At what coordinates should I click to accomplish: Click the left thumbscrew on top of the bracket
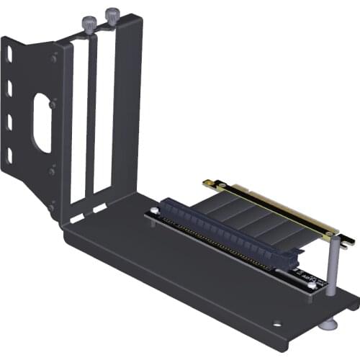pos(88,24)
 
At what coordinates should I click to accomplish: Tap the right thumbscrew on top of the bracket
pos(112,17)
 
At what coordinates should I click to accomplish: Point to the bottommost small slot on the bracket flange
pos(10,156)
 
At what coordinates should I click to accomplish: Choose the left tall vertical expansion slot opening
pos(79,122)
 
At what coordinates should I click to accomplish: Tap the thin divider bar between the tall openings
pos(91,119)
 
